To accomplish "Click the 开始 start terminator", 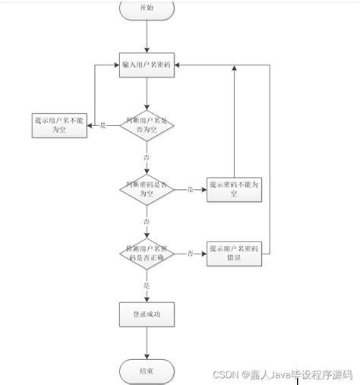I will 147,8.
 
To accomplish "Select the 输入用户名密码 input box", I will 147,66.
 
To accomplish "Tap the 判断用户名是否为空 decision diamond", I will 147,125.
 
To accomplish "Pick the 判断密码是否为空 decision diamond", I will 147,189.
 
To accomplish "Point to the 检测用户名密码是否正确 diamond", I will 147,253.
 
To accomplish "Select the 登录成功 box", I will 147,314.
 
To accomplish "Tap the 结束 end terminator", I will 147,371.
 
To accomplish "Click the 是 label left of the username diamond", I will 103,125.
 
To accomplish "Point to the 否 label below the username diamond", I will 147,156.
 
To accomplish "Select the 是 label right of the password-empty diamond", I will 190,189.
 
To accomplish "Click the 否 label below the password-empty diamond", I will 147,220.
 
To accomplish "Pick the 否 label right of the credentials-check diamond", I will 190,253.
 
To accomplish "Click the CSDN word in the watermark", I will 226,375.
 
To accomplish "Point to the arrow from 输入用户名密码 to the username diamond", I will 147,93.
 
